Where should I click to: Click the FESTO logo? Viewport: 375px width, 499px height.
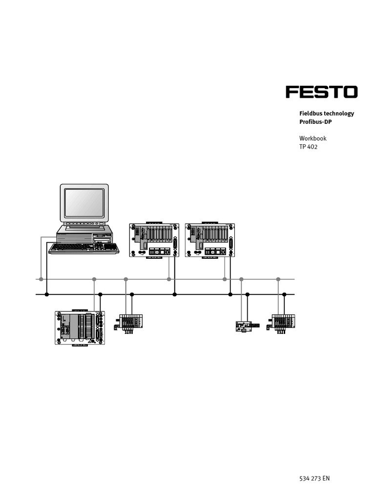point(321,92)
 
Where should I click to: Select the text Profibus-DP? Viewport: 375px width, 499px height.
point(315,122)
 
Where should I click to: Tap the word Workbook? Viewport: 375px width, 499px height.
point(312,138)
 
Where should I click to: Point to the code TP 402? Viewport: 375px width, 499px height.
point(308,147)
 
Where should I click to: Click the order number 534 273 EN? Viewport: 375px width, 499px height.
point(314,478)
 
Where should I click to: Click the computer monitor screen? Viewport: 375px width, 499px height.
point(84,203)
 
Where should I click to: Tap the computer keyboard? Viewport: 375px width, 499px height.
point(83,248)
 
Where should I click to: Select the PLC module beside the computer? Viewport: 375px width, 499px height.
point(154,240)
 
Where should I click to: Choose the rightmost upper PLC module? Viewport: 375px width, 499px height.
point(209,240)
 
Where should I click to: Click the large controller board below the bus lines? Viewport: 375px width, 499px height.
point(80,328)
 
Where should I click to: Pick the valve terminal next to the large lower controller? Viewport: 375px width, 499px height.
point(129,323)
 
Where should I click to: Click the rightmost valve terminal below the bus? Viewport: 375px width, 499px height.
point(282,323)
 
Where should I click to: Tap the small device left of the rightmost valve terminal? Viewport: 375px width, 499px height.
point(243,326)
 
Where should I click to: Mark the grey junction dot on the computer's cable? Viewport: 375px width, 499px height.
point(41,279)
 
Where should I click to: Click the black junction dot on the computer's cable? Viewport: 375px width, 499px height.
point(47,294)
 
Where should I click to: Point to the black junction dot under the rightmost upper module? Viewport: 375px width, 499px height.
point(230,294)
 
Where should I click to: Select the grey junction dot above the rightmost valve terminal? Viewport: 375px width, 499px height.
point(278,279)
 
